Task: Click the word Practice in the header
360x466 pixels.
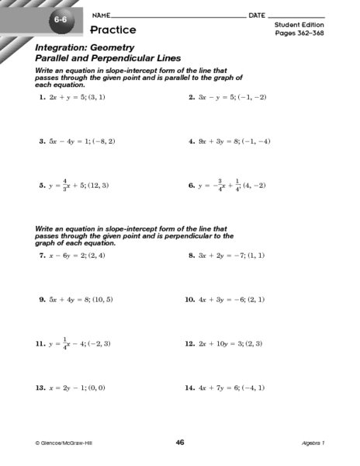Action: (x=112, y=30)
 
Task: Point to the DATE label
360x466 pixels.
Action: (x=258, y=16)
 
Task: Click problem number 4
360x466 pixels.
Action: (x=191, y=142)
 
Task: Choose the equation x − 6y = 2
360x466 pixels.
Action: (x=72, y=255)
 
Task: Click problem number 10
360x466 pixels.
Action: (x=189, y=299)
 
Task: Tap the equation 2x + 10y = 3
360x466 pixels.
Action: (x=225, y=343)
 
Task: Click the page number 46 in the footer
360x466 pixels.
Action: (x=179, y=442)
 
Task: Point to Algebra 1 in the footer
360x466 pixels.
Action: (x=316, y=443)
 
